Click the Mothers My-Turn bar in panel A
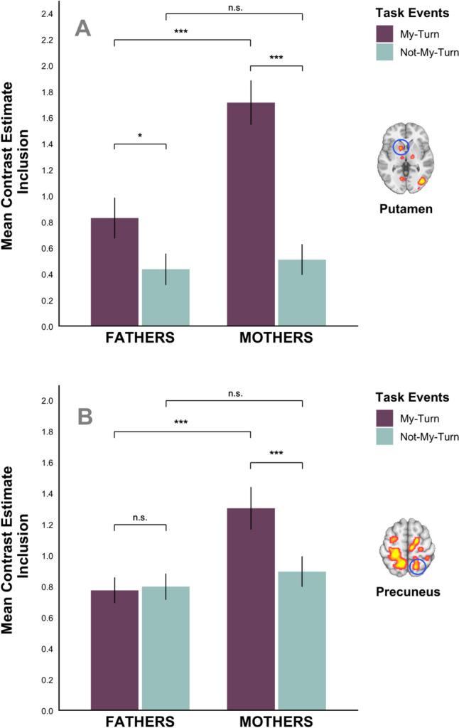(x=251, y=214)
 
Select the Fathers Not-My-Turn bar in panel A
(x=166, y=297)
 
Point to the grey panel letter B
(x=85, y=417)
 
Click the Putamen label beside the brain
(x=403, y=211)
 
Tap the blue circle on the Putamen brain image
(x=402, y=147)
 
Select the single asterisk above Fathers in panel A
(x=140, y=134)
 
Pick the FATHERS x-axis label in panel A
(x=140, y=338)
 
